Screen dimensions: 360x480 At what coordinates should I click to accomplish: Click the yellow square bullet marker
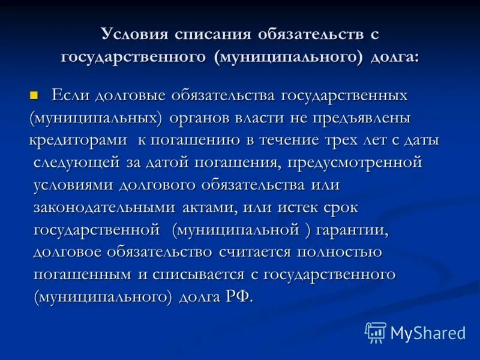pyautogui.click(x=34, y=95)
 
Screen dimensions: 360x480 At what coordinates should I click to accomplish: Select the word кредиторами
pyautogui.click(x=79, y=140)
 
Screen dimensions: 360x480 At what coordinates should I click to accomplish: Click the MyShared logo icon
pyautogui.click(x=376, y=332)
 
